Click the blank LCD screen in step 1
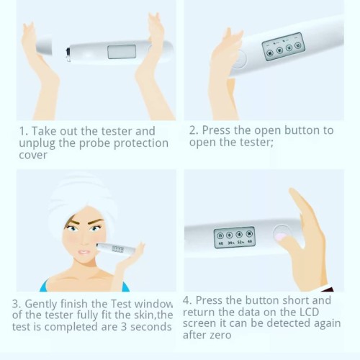click(122, 52)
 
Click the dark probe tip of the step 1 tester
click(68, 50)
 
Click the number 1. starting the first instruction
click(24, 131)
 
